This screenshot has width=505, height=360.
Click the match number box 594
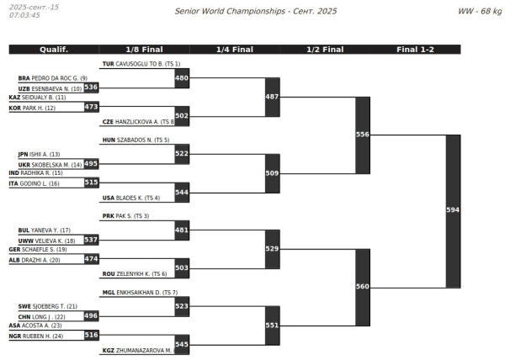click(x=453, y=210)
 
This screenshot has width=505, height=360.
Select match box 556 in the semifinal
click(x=363, y=135)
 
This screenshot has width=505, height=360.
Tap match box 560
click(x=363, y=287)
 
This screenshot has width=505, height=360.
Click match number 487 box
click(x=272, y=97)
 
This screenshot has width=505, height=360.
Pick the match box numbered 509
click(x=272, y=173)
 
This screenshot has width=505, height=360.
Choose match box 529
click(x=272, y=249)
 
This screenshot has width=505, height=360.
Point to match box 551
click(x=272, y=325)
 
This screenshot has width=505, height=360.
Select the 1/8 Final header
click(x=144, y=50)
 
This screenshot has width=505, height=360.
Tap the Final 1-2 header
click(x=415, y=50)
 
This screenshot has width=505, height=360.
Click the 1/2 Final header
click(x=325, y=50)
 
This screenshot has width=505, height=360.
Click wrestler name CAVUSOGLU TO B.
click(x=139, y=64)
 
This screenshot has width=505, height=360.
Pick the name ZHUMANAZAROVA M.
click(x=143, y=350)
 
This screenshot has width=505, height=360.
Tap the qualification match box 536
click(x=91, y=87)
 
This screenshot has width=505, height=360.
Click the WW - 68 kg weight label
click(x=480, y=11)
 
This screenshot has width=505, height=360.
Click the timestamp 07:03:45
click(x=24, y=15)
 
